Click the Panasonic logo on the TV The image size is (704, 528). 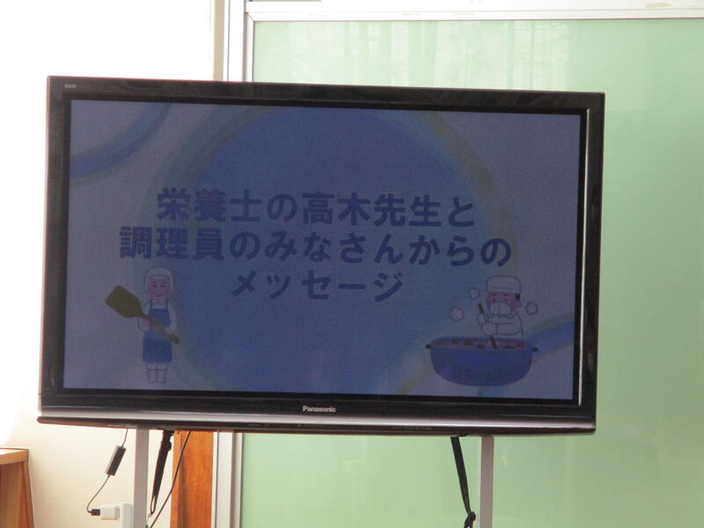319,409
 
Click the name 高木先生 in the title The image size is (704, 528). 370,209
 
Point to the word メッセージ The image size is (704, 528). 318,286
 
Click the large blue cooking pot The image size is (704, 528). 481,360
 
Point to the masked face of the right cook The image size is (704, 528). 502,304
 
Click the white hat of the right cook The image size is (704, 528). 503,285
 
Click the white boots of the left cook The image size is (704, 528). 157,372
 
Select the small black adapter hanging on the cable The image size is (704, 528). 115,459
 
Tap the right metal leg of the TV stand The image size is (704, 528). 487,481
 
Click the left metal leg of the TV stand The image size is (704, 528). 141,478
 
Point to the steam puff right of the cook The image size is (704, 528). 532,308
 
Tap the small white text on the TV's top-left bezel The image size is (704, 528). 70,85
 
